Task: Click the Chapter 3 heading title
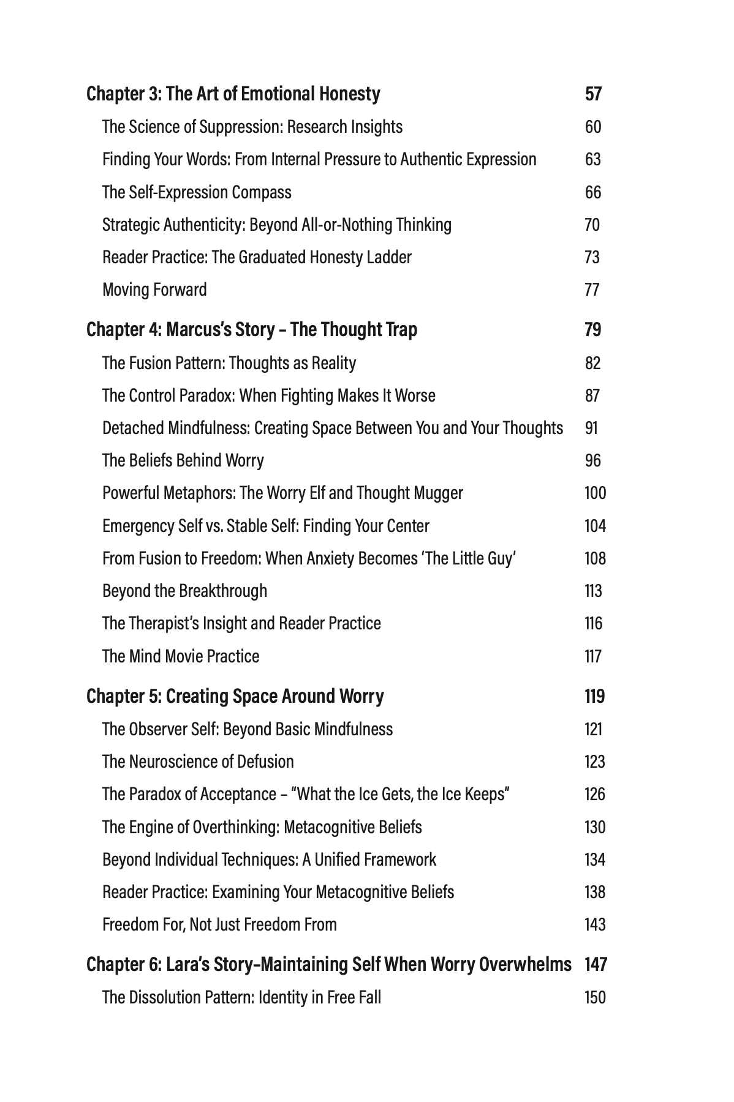233,94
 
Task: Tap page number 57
593,94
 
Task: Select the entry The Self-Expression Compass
197,192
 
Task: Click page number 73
592,257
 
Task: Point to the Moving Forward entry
154,290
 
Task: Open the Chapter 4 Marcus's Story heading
252,329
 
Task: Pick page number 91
591,428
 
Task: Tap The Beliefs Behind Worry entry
183,460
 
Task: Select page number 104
595,526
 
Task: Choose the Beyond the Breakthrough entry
184,591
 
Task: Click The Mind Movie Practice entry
181,656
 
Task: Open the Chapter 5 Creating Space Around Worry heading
235,696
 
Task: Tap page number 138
595,892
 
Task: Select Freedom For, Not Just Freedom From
219,924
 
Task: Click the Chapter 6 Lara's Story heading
329,964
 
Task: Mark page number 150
595,997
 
